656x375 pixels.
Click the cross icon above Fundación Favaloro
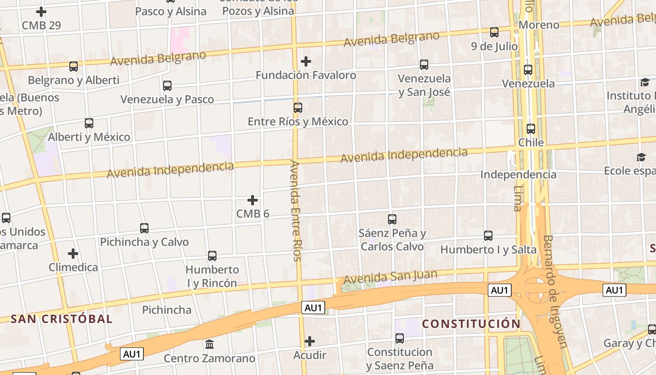(x=306, y=61)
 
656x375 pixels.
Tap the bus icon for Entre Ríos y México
(x=298, y=108)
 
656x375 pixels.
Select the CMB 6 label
(x=253, y=214)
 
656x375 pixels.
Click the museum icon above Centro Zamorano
(x=209, y=345)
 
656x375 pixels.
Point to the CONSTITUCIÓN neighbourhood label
(x=471, y=324)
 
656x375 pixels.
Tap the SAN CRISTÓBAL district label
(x=61, y=319)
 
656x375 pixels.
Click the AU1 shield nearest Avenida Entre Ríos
(x=313, y=307)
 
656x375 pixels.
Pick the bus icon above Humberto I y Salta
(x=488, y=236)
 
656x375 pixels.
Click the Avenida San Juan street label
(x=390, y=277)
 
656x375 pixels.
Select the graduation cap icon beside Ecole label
(x=641, y=157)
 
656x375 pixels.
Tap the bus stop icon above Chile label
(x=531, y=129)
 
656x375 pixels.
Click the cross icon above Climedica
(x=73, y=254)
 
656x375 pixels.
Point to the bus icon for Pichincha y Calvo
(x=144, y=228)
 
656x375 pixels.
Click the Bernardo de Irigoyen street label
(x=556, y=291)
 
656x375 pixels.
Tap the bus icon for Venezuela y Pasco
(x=167, y=86)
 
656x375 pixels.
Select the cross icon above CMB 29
(x=41, y=12)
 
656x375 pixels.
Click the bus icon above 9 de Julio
(x=494, y=32)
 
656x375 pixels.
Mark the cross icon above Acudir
(x=309, y=341)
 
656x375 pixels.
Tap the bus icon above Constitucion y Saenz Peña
(x=399, y=338)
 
